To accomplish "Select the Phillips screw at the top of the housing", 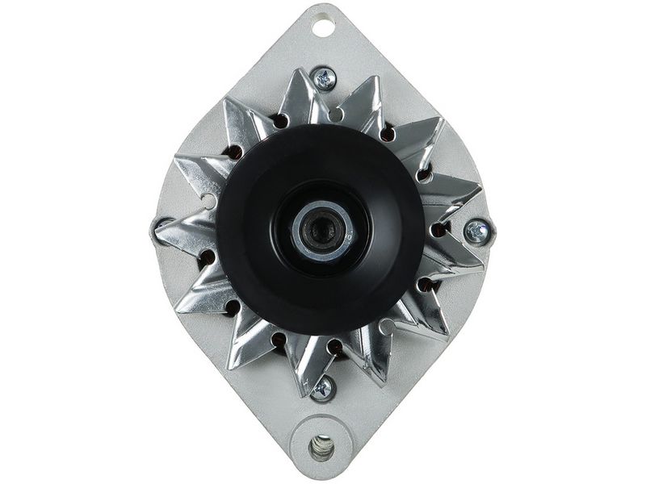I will [x=325, y=79].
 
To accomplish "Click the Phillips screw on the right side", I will [x=477, y=232].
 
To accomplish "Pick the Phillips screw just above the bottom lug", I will [x=322, y=388].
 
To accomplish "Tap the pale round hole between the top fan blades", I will [x=336, y=114].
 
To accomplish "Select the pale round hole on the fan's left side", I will [x=208, y=201].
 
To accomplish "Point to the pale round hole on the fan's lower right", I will [x=387, y=327].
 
